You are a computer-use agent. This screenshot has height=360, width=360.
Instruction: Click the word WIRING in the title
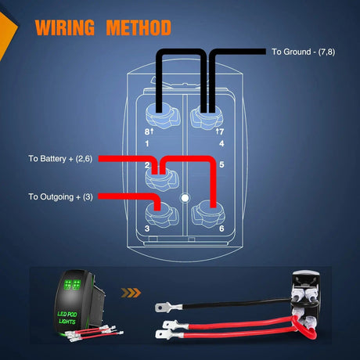65,27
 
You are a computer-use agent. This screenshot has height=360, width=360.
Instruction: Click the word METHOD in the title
139,27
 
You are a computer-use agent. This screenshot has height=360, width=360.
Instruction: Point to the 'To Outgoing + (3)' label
60,196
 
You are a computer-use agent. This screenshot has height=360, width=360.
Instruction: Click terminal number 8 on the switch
147,131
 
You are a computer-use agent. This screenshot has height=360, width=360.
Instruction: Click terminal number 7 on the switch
221,131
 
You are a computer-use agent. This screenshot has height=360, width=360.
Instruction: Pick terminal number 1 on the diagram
147,143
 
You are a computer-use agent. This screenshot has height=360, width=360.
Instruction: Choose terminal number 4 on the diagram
221,143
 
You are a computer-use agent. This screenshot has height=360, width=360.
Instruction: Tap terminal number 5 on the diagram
221,164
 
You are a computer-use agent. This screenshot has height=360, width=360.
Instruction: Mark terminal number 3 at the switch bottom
147,229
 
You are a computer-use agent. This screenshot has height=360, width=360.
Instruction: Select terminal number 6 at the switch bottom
221,229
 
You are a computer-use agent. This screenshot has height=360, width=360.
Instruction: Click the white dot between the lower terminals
185,198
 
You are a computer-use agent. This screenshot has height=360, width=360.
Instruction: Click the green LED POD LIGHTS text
67,318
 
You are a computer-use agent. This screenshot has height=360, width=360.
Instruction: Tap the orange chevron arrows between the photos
131,293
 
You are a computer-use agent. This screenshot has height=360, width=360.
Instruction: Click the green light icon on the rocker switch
72,285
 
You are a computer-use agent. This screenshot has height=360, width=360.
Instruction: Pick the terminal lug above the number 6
208,214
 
